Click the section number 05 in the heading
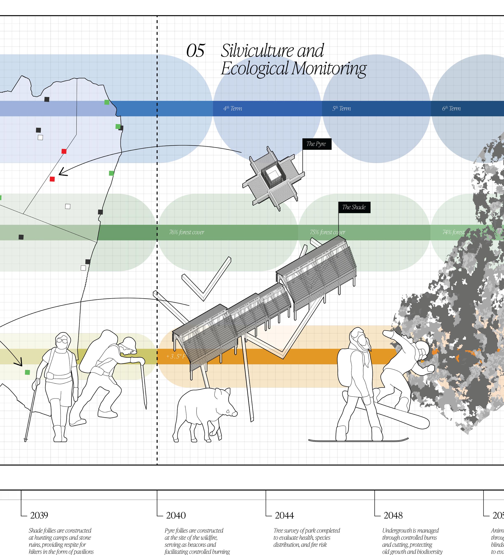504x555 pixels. pos(195,51)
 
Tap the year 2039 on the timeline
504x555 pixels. pos(39,515)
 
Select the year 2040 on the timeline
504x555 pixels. pos(176,515)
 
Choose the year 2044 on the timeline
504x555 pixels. pos(284,515)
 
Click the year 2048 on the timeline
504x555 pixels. pos(393,515)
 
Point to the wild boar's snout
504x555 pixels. pos(234,414)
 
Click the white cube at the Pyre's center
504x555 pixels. pos(274,175)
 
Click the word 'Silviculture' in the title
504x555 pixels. pos(272,51)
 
